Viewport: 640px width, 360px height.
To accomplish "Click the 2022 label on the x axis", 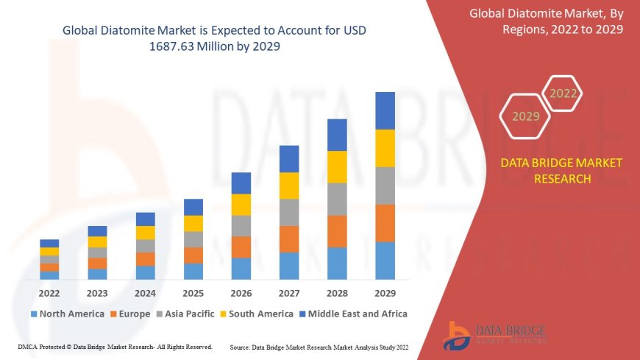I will pos(49,292).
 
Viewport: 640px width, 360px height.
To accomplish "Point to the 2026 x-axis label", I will pos(241,292).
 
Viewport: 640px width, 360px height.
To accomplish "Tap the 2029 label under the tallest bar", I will pos(385,292).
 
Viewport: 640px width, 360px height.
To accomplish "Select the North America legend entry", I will pos(67,314).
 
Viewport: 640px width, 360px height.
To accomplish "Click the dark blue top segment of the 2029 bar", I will pos(385,110).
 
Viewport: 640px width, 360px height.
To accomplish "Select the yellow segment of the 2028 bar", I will pos(337,166).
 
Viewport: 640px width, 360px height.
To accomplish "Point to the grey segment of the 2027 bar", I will pos(289,212).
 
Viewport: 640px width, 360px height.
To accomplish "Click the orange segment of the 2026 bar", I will pos(241,247).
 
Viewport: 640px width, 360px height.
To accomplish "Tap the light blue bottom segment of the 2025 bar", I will pos(193,272).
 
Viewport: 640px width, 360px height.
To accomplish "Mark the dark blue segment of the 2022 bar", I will pos(49,243).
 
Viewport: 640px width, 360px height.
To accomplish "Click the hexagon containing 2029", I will pos(525,116).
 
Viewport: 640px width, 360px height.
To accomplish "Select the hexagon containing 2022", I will pos(563,93).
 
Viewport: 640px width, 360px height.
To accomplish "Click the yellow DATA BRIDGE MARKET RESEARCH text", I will pos(561,171).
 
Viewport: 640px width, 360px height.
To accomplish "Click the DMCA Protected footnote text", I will pos(114,346).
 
